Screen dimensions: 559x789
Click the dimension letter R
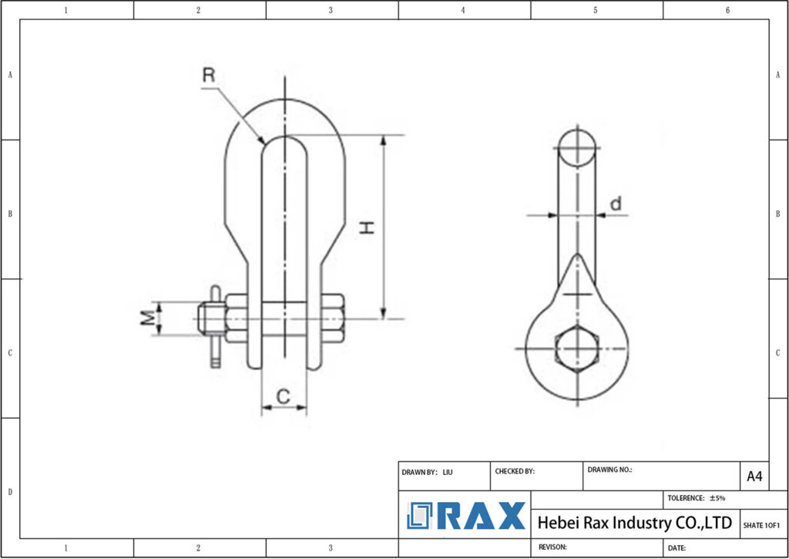pos(208,76)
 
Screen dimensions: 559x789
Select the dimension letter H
pos(368,227)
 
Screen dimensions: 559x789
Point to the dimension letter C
pos(283,396)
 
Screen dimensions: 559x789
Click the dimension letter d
pos(615,204)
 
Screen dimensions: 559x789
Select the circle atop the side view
pos(577,148)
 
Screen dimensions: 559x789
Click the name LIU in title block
pos(448,471)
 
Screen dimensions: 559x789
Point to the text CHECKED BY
pos(515,471)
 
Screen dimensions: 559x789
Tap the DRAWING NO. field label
pos(609,469)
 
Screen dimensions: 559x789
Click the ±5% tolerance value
pos(717,498)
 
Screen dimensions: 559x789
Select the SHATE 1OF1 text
pos(761,525)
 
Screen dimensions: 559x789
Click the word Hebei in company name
pos(557,523)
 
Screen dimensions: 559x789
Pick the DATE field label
pos(677,548)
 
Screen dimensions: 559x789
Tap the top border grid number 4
pos(463,10)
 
